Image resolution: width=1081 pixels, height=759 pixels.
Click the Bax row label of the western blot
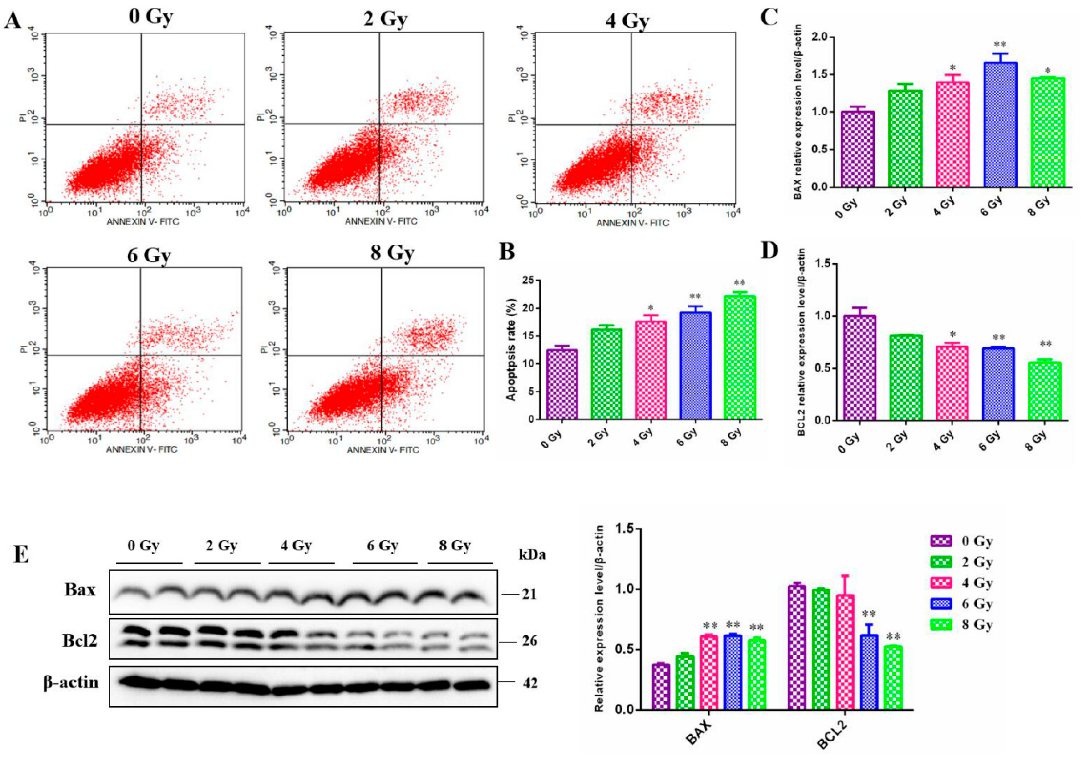coord(80,590)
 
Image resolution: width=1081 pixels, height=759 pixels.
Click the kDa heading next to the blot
coord(532,555)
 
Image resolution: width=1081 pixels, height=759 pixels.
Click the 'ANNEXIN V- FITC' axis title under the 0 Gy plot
coord(143,221)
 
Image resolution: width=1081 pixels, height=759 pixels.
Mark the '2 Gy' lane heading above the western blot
coord(221,546)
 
